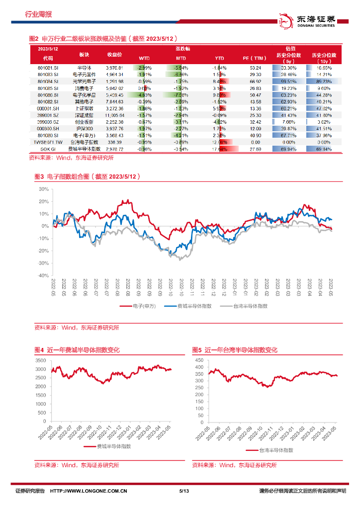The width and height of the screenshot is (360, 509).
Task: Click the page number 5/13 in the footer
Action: (184, 492)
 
